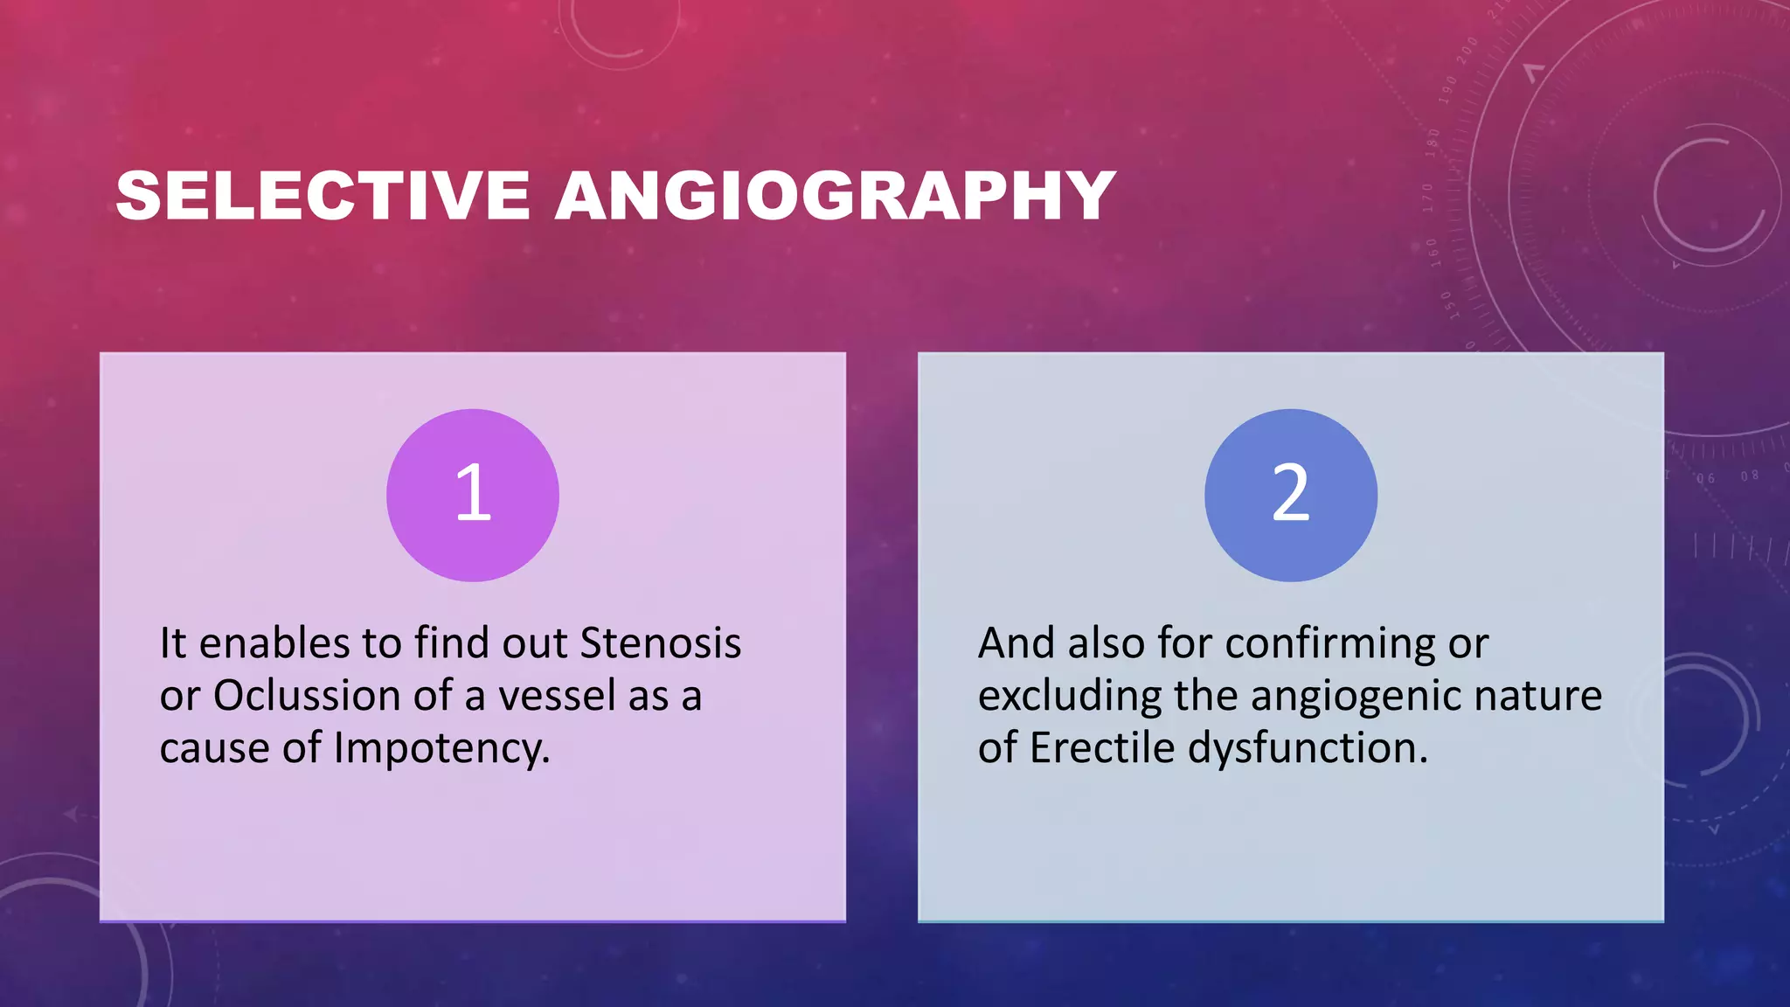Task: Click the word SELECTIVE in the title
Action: point(323,195)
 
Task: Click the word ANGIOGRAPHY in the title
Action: point(835,195)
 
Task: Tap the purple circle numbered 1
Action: point(473,495)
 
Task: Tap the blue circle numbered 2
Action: point(1290,495)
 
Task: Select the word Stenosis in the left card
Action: point(661,643)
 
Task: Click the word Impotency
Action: point(441,749)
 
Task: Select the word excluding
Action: point(1069,696)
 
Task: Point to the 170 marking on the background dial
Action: point(1428,198)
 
